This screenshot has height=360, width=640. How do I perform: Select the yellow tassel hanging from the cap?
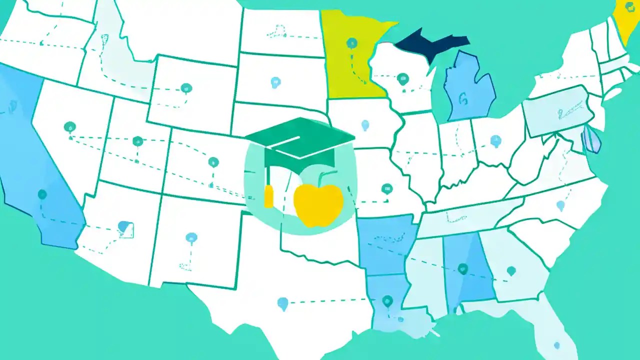pyautogui.click(x=268, y=196)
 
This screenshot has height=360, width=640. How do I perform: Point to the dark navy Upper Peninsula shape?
pyautogui.click(x=430, y=42)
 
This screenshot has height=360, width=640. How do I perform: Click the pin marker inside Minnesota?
pyautogui.click(x=352, y=43)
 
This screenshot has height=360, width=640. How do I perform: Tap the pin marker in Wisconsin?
pyautogui.click(x=402, y=78)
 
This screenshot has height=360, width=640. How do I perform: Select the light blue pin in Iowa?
pyautogui.click(x=365, y=124)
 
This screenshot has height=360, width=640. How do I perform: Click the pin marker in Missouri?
pyautogui.click(x=386, y=188)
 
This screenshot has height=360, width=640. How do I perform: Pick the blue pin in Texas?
pyautogui.click(x=282, y=302)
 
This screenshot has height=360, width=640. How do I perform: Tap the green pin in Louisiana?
pyautogui.click(x=387, y=300)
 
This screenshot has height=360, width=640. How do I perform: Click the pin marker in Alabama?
pyautogui.click(x=462, y=268)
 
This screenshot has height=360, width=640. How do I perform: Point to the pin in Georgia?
pyautogui.click(x=510, y=270)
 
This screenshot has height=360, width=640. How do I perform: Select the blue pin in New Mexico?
pyautogui.click(x=191, y=237)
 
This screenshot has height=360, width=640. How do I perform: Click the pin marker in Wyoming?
pyautogui.click(x=186, y=88)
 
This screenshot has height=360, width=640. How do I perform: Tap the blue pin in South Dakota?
pyautogui.click(x=275, y=82)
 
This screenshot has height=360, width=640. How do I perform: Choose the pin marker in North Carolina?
pyautogui.click(x=560, y=205)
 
